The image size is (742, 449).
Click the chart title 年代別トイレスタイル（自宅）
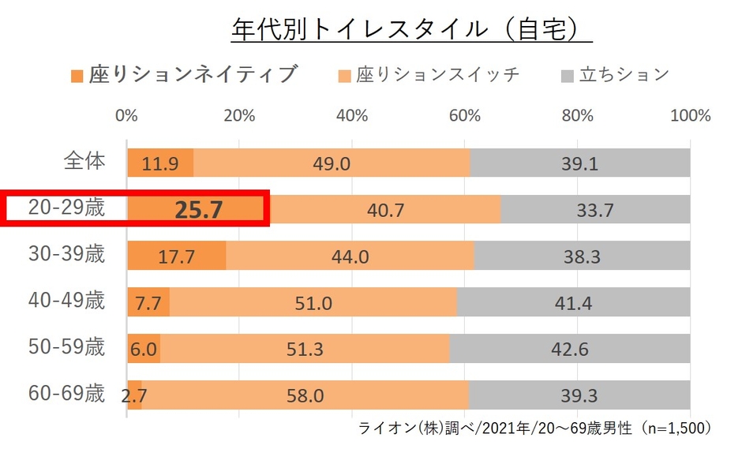pyautogui.click(x=411, y=29)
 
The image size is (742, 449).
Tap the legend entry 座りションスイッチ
pyautogui.click(x=429, y=75)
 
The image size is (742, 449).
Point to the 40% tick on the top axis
pyautogui.click(x=352, y=115)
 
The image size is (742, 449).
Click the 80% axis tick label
pyautogui.click(x=578, y=115)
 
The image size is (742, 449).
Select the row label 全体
pyautogui.click(x=84, y=162)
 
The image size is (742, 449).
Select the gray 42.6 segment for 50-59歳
pyautogui.click(x=570, y=349)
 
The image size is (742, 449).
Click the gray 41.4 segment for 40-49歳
pyautogui.click(x=574, y=302)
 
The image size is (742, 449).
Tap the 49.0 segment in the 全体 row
pyautogui.click(x=332, y=163)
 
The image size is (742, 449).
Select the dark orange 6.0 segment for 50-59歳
pyautogui.click(x=144, y=349)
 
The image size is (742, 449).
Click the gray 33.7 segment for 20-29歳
pyautogui.click(x=595, y=210)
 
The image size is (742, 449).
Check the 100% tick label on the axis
pyautogui.click(x=690, y=115)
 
